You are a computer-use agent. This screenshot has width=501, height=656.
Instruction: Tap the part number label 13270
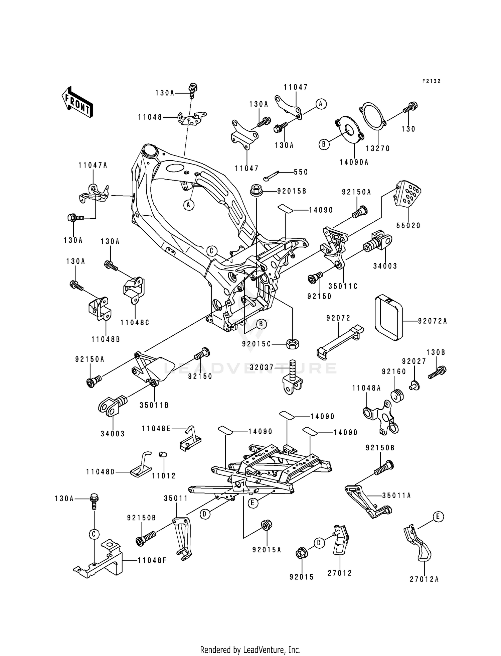(x=378, y=148)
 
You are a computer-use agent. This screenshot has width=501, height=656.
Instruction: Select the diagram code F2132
(x=431, y=81)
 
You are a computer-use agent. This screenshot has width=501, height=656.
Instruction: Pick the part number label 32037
(x=262, y=368)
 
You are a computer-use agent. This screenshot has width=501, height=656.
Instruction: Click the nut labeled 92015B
(x=256, y=192)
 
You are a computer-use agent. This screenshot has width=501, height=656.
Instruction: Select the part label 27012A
(x=424, y=579)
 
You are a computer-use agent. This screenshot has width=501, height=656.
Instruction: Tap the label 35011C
(x=343, y=286)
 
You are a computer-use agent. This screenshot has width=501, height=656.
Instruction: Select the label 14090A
(x=354, y=162)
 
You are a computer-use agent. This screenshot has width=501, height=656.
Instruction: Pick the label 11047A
(x=93, y=165)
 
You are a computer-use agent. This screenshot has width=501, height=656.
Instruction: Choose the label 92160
(x=394, y=372)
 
